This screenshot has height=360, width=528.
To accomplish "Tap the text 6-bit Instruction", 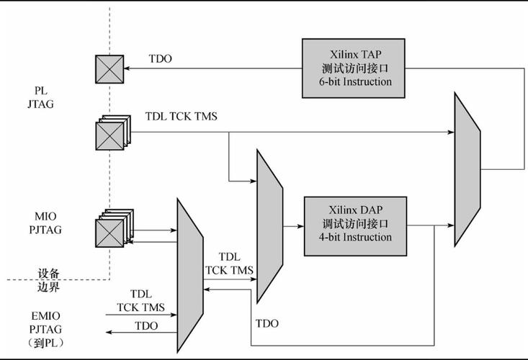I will [357, 82].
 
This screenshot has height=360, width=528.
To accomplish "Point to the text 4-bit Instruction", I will [357, 238].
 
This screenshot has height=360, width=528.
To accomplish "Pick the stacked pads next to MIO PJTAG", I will [112, 228].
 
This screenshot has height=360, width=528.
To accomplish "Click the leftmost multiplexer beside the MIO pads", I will [189, 276].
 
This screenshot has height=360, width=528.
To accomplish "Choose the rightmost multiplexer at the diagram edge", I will [467, 170].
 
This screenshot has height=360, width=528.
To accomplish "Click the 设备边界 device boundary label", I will [48, 280].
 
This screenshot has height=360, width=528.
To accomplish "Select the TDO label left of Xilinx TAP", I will [160, 59].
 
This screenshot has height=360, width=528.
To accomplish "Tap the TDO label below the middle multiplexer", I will [267, 324].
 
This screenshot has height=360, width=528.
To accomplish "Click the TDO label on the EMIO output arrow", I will [146, 326].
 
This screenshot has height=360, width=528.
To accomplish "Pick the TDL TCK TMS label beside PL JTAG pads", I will [182, 116].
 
